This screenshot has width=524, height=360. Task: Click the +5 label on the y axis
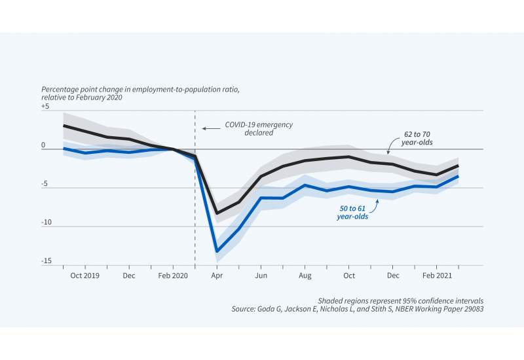45,106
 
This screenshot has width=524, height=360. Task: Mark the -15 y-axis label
46,261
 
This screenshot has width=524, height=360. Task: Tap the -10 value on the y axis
46,223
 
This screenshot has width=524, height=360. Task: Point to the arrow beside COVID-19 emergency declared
209,128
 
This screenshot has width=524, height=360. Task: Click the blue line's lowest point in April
217,251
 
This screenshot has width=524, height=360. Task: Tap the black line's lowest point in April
217,213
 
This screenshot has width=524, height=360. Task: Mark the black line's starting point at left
64,125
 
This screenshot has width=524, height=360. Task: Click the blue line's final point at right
458,176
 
